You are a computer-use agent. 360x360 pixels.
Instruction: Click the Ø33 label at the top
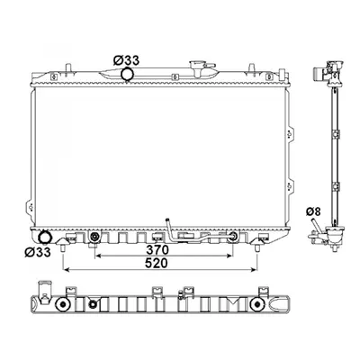(126, 61)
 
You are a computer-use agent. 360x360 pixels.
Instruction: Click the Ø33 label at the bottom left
(38, 252)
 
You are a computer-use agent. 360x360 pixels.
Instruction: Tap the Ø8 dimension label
(313, 211)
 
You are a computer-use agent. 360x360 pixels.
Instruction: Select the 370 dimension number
(157, 249)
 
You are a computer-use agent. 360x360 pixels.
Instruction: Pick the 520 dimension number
(156, 264)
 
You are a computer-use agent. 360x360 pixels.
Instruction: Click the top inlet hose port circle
(127, 75)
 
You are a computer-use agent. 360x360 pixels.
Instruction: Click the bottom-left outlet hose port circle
(45, 238)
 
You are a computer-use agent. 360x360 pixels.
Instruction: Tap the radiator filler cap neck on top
(198, 68)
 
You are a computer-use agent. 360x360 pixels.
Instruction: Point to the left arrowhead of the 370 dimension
(98, 256)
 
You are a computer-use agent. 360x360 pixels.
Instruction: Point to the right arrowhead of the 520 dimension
(254, 270)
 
